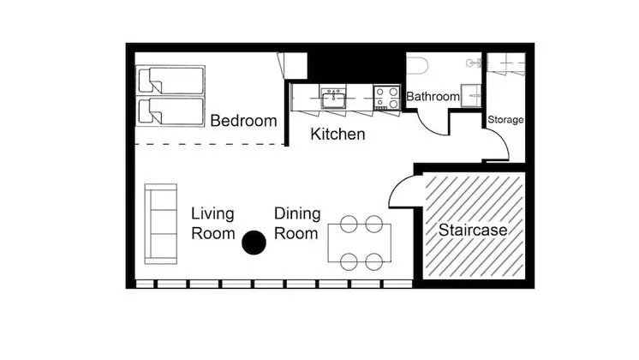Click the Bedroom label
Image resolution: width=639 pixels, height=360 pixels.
point(243,121)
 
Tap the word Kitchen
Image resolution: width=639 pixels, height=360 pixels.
point(337,134)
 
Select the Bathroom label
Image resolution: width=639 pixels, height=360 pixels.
point(433,97)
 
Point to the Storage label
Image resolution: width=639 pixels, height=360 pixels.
point(505,120)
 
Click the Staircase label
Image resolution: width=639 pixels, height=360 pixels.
point(473,230)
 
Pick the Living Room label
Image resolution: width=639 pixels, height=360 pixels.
point(212,224)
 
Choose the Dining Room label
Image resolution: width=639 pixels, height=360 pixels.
point(297,224)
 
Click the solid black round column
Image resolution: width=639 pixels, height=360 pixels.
point(254,243)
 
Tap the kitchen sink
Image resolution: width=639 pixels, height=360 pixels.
point(333,98)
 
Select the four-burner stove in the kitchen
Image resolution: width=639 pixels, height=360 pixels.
point(387,98)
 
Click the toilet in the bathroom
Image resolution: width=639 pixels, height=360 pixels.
point(418,65)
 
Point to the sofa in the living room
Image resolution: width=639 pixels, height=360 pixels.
point(160,224)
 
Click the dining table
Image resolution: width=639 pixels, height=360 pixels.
point(360,243)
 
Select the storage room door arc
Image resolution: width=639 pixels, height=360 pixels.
point(502,141)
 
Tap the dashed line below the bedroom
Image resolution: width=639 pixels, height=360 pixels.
point(210,144)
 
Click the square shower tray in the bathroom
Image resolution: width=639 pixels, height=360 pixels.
point(471,95)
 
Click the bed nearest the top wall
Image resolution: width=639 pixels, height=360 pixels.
point(170,81)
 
